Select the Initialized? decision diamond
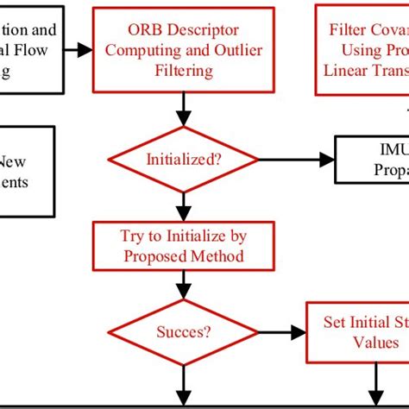[x=183, y=160]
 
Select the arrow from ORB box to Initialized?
[x=183, y=108]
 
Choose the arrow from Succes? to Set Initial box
[x=276, y=331]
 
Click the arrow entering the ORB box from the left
[x=78, y=50]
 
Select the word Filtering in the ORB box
[x=183, y=71]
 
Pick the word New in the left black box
[x=12, y=160]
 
